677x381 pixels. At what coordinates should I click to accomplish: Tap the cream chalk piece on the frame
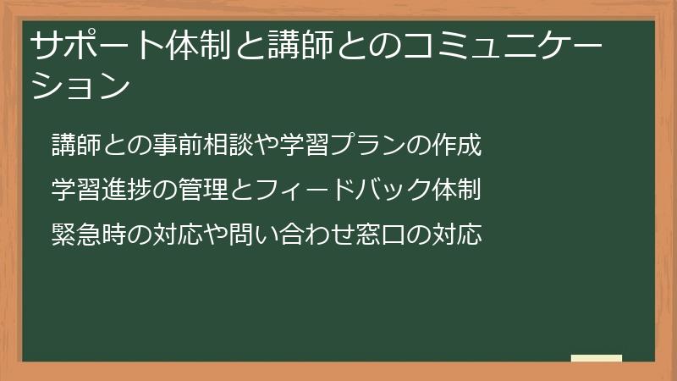[597, 359]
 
